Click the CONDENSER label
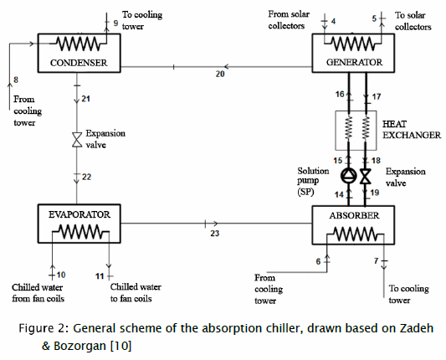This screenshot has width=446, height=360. (x=79, y=63)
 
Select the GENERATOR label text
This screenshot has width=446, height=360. (x=354, y=62)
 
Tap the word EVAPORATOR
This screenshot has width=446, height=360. (x=79, y=214)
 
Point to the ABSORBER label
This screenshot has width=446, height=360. (x=354, y=215)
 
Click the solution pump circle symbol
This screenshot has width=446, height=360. (x=348, y=176)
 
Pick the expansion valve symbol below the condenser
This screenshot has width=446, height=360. (x=77, y=140)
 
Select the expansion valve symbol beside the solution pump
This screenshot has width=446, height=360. (x=366, y=176)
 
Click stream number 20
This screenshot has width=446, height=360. (x=220, y=74)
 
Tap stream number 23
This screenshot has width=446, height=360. (x=215, y=234)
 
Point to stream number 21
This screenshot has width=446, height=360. (x=86, y=99)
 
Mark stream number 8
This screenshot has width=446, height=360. (x=16, y=80)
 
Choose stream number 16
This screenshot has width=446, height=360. (x=340, y=94)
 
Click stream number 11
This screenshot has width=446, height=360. (x=100, y=276)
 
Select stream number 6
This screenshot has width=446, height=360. (x=318, y=261)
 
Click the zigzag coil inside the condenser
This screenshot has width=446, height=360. (x=79, y=44)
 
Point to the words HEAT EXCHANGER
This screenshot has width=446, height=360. (x=412, y=130)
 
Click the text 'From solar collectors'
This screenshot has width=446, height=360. (x=289, y=20)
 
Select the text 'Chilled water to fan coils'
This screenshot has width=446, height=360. (x=136, y=292)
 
